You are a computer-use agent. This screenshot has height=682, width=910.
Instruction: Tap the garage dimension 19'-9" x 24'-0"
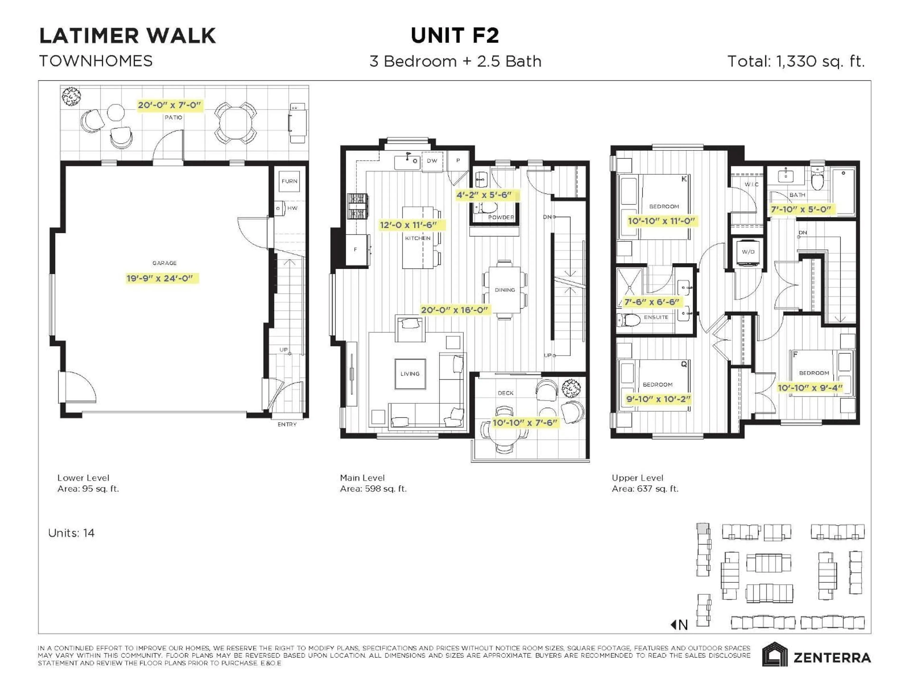[160, 278]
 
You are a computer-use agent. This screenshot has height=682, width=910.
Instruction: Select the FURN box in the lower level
[289, 181]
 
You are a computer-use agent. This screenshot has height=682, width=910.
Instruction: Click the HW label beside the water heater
[292, 208]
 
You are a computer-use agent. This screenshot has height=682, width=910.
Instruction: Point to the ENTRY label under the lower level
[287, 424]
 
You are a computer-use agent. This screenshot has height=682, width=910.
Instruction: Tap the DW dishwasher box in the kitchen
[432, 161]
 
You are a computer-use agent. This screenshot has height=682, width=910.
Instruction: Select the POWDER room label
[501, 217]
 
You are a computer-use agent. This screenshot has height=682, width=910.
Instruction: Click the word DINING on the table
[505, 290]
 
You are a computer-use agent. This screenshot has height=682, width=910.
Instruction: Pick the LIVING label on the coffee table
[410, 374]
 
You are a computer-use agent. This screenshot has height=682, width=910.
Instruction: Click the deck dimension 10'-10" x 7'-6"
[525, 423]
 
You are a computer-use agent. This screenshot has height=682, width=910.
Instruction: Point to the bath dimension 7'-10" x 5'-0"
[801, 209]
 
